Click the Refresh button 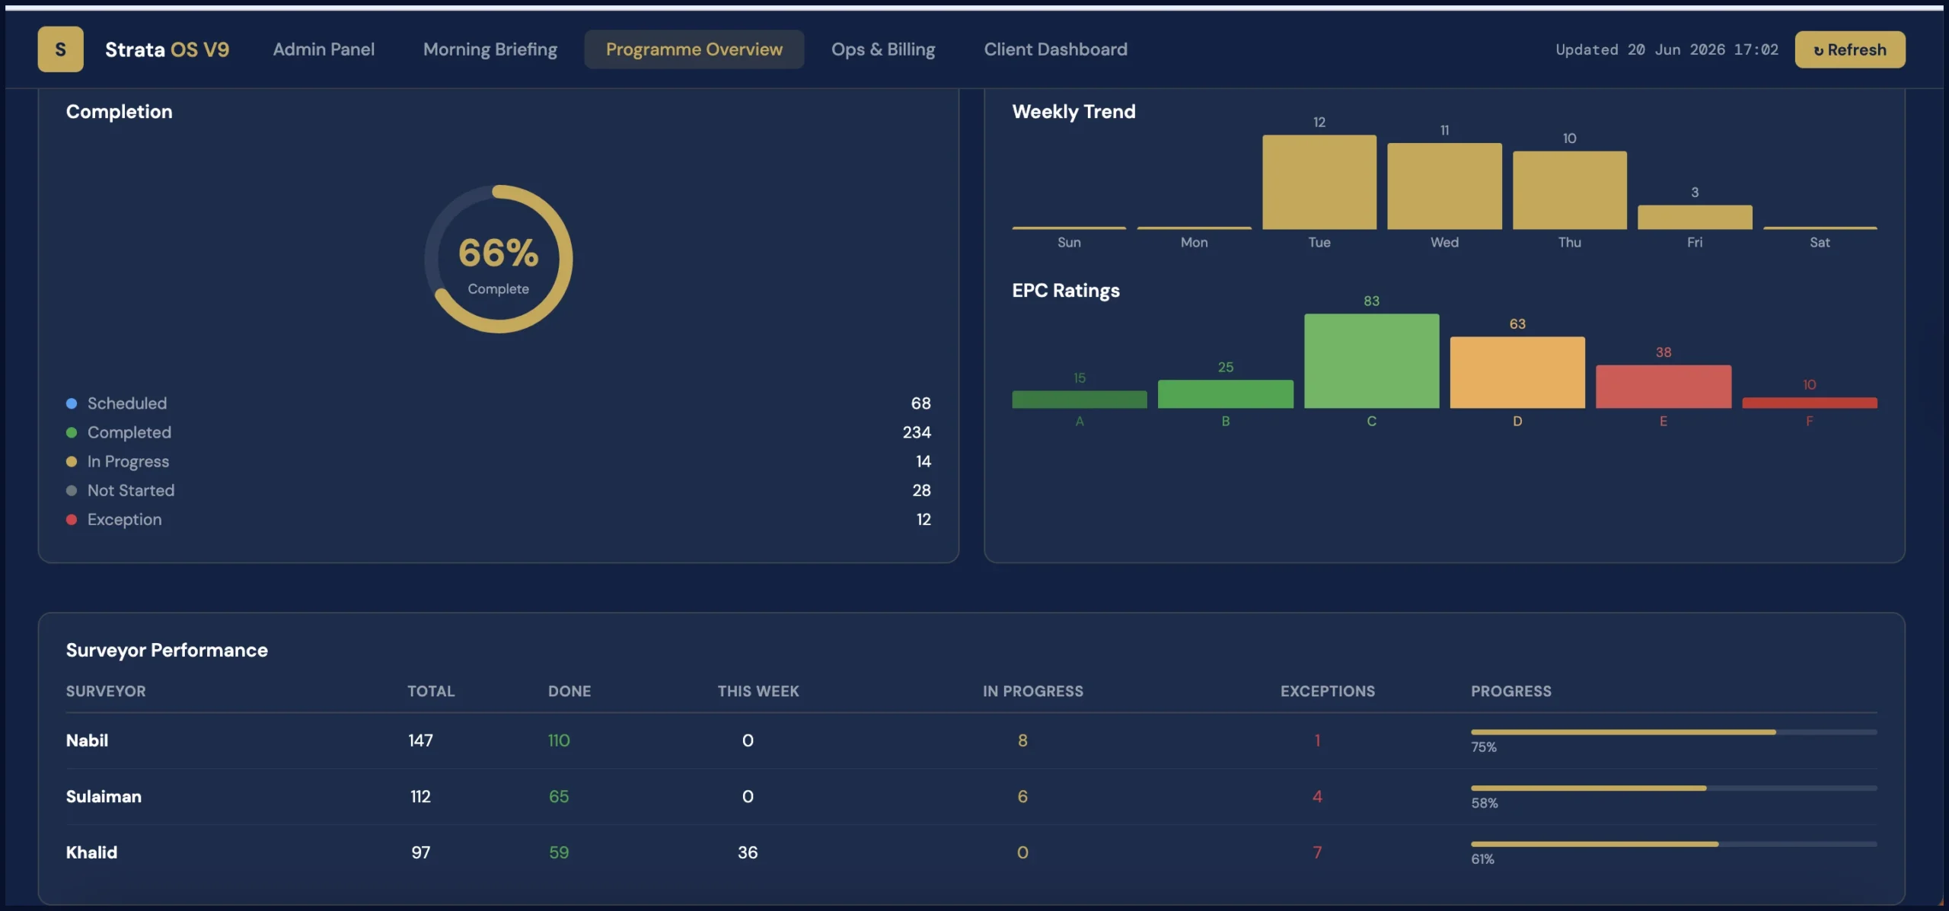1849,49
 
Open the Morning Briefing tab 490,49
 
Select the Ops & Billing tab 883,49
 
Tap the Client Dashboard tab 1055,49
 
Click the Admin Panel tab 324,49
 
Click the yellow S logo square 61,49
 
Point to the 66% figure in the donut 499,253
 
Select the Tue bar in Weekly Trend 1319,182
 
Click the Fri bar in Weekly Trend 1695,217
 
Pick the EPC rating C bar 1371,361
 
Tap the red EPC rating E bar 1663,387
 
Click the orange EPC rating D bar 1517,372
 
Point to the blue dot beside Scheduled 72,403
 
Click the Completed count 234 917,432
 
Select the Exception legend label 124,520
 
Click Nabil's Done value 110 559,741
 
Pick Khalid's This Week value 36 748,852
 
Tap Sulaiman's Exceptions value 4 1317,797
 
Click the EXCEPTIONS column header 1328,691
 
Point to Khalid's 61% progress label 1482,859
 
